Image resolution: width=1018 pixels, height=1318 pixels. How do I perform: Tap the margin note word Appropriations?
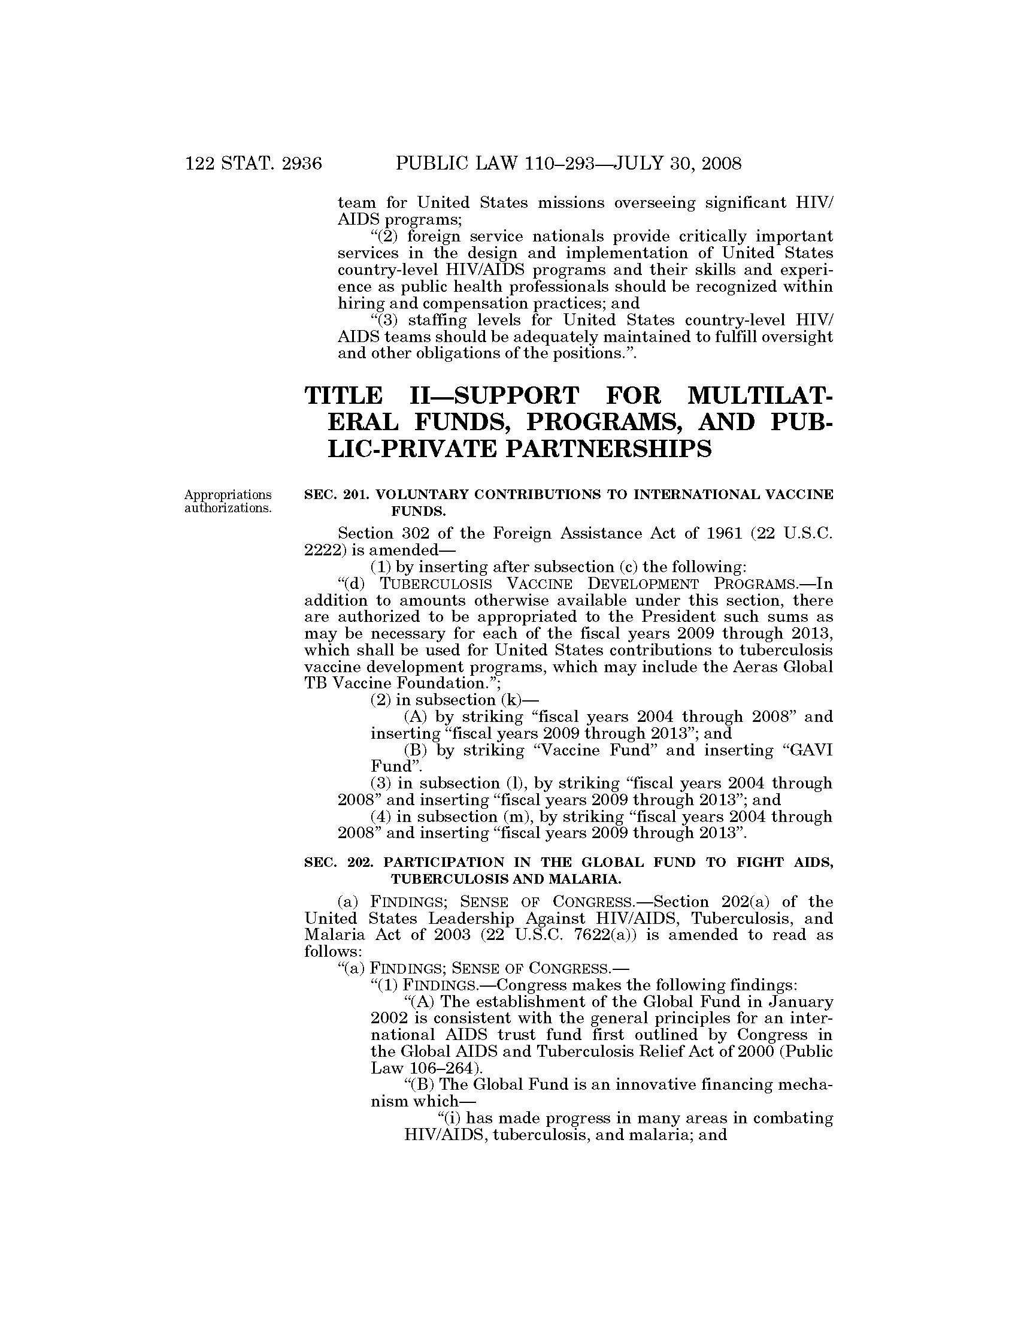pos(228,495)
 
